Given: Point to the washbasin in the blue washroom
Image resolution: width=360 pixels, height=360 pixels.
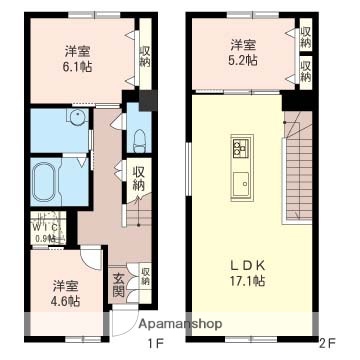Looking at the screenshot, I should coord(74,118).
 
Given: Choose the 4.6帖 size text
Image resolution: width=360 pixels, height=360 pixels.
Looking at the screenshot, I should coord(67,298).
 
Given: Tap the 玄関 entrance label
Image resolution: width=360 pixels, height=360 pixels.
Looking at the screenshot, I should coord(118,284).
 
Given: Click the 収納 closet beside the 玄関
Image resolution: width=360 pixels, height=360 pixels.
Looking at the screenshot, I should coord(145,275).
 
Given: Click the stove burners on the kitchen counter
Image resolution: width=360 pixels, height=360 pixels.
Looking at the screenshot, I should coord(241,149).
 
